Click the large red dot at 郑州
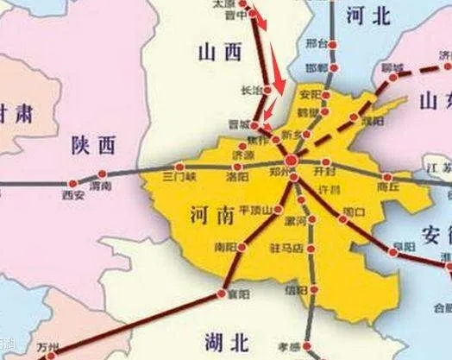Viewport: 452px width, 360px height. [292, 161]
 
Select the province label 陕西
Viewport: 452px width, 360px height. [92, 144]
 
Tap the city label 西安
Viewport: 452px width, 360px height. [73, 196]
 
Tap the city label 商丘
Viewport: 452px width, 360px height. [389, 185]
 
